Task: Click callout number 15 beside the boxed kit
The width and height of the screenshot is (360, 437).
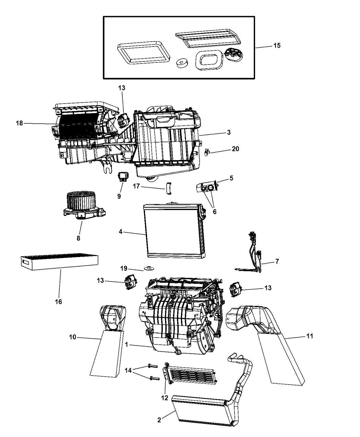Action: (x=276, y=46)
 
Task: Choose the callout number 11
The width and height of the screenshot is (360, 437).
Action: (x=309, y=336)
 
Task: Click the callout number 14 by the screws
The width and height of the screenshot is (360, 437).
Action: (x=128, y=370)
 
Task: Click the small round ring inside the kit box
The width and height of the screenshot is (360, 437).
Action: (x=181, y=63)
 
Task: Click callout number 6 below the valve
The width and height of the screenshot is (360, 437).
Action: (x=215, y=212)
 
